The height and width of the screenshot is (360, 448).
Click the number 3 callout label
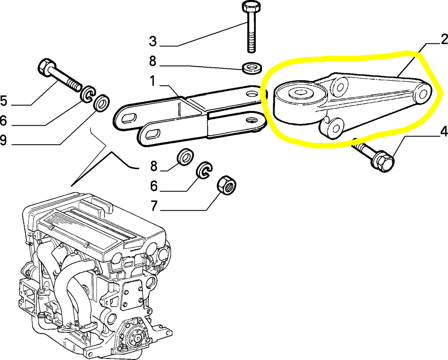pyautogui.click(x=153, y=41)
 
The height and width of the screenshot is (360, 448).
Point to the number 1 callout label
pyautogui.click(x=152, y=81)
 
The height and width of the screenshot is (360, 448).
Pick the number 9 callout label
pyautogui.click(x=3, y=140)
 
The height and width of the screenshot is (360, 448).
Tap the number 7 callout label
pyautogui.click(x=154, y=206)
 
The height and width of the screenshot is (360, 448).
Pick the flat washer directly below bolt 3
pyautogui.click(x=251, y=68)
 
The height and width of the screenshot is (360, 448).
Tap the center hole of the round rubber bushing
pyautogui.click(x=299, y=92)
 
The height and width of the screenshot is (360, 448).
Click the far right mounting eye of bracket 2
pyautogui.click(x=423, y=93)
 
